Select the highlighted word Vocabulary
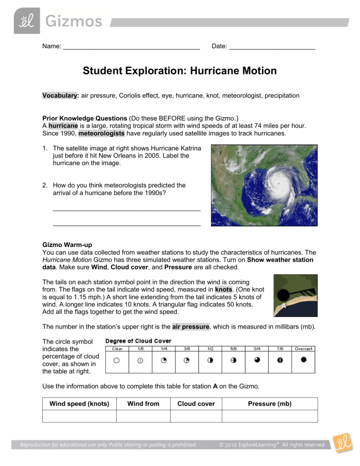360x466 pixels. pos(60,95)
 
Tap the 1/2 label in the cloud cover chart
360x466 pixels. pos(210,349)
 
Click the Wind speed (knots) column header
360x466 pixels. pos(79,404)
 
